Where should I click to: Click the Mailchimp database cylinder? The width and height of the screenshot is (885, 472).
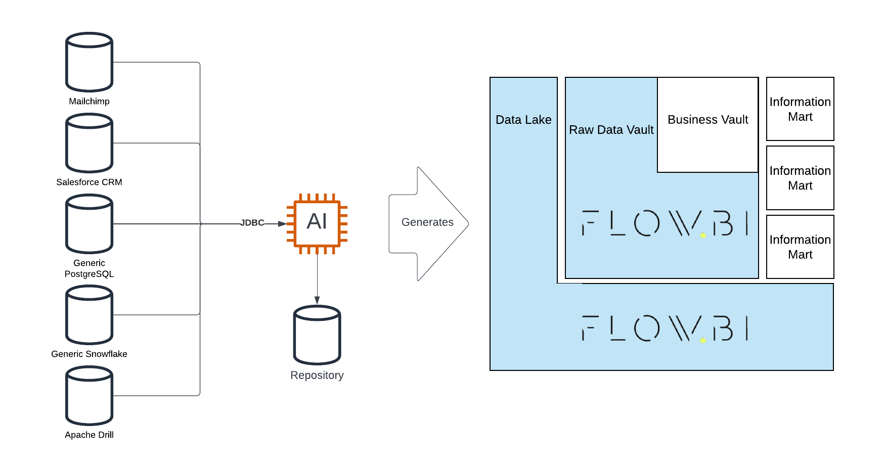pos(89,62)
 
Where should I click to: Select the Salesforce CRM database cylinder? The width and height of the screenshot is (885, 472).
pos(89,143)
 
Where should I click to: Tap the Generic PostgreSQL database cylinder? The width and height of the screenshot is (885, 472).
pos(89,223)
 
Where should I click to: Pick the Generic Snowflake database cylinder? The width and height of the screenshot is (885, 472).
pos(89,314)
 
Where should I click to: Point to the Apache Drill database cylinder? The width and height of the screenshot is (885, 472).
pos(89,395)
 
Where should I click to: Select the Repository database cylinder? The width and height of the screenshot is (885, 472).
pos(317,335)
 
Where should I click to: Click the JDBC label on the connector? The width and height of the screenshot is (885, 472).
pos(252,223)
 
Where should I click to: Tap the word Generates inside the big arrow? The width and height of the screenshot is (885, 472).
pos(427,222)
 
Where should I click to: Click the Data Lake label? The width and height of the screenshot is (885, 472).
pos(523,120)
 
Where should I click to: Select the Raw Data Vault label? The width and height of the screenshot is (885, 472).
pos(611,130)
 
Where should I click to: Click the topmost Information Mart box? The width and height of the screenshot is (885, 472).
pos(800,109)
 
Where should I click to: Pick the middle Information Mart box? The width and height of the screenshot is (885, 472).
pos(800,178)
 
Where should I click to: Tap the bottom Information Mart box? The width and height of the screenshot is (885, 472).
pos(800,247)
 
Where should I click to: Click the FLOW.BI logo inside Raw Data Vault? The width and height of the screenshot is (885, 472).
pos(665,223)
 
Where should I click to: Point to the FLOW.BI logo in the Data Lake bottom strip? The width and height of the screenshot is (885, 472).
pos(665,328)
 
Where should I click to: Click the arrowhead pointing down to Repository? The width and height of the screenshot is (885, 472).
pos(317,300)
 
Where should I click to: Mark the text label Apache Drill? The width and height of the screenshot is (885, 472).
pos(89,435)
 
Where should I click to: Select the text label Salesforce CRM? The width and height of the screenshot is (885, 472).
pos(89,182)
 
